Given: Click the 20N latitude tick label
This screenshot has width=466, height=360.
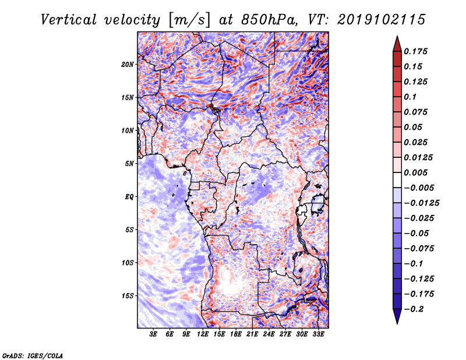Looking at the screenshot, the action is pyautogui.click(x=128, y=65).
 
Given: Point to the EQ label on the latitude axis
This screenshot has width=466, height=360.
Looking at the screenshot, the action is pyautogui.click(x=129, y=197).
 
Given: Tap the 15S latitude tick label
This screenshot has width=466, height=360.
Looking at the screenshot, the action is pyautogui.click(x=128, y=296).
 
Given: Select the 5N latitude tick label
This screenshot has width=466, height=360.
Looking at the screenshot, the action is pyautogui.click(x=129, y=164).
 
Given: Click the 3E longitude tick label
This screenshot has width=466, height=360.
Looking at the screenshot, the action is pyautogui.click(x=153, y=334).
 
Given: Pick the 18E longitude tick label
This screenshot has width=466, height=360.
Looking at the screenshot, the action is pyautogui.click(x=236, y=334).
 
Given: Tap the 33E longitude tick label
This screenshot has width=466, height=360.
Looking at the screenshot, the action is pyautogui.click(x=318, y=334).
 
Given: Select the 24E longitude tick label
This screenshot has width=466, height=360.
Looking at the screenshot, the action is pyautogui.click(x=269, y=334).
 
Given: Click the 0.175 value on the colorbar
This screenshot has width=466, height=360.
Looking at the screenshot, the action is pyautogui.click(x=416, y=51).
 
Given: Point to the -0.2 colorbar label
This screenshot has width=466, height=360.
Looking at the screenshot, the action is pyautogui.click(x=414, y=309).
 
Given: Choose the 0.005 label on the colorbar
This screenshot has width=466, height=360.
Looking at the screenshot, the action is pyautogui.click(x=416, y=172).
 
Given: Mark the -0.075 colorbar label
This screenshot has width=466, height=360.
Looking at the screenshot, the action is pyautogui.click(x=419, y=249).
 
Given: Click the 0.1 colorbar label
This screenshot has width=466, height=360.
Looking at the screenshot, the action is pyautogui.click(x=411, y=97).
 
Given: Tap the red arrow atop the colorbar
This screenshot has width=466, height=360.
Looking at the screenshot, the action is pyautogui.click(x=397, y=44).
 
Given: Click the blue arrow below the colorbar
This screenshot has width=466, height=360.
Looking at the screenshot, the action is pyautogui.click(x=397, y=316).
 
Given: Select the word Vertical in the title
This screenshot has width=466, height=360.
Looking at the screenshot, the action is pyautogui.click(x=69, y=20).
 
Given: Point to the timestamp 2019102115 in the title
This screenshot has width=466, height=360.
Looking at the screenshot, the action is pyautogui.click(x=382, y=20).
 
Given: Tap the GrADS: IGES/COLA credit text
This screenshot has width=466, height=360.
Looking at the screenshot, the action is pyautogui.click(x=33, y=355).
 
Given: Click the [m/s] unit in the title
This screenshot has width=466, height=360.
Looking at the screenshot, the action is pyautogui.click(x=189, y=20).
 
